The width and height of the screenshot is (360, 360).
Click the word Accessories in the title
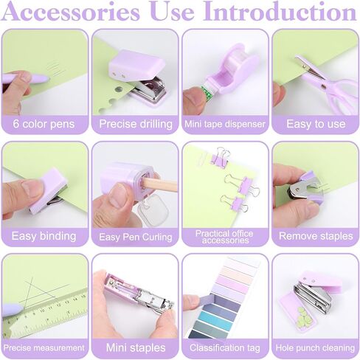[x=71, y=11]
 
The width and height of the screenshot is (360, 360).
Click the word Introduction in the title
[x=280, y=11]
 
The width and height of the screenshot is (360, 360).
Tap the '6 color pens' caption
[x=44, y=124]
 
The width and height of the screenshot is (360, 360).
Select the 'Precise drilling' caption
[x=136, y=124]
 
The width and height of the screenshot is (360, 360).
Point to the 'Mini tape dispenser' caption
[x=225, y=124]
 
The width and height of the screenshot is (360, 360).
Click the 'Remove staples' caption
[x=316, y=236]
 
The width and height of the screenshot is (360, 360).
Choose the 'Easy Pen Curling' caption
[x=136, y=237]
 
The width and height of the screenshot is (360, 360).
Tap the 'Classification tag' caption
[x=225, y=348]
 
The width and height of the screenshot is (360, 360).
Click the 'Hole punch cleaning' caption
[x=316, y=348]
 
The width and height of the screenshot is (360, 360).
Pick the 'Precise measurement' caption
[x=44, y=348]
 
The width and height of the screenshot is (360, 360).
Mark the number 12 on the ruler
[x=58, y=305]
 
